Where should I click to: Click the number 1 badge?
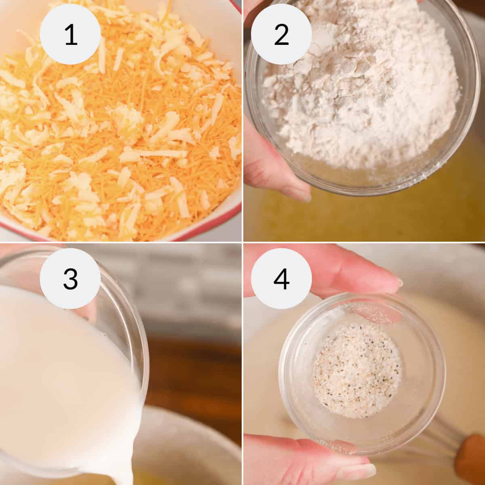coord(70,34)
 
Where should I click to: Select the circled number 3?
coord(70,278)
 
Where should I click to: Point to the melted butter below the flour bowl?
coord(364,214)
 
